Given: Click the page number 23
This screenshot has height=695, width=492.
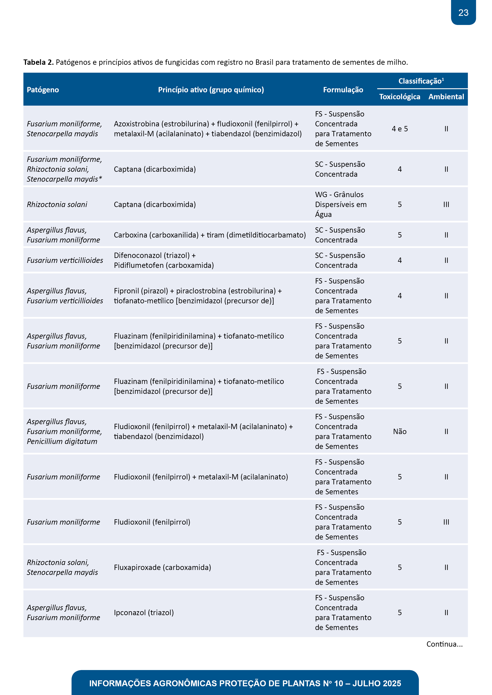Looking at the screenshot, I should pos(463,13).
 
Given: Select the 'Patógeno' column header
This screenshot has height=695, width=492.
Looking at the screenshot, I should pos(43,90).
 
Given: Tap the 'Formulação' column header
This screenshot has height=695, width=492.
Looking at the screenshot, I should pos(343,90).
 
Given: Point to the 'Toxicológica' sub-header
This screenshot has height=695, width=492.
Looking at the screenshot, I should pos(400,97).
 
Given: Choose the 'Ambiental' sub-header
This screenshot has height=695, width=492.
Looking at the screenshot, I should pos(446,97).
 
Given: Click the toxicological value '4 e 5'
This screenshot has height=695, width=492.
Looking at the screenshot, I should pos(400,129).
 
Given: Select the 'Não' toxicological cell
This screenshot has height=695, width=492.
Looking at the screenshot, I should pos(400,432).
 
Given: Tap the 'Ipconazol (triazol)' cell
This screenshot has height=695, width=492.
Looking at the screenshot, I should pos(144,613).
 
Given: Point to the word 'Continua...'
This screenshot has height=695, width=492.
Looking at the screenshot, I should pos(444,644).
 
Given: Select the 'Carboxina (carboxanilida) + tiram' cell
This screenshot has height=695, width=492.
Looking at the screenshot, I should pos(210,235).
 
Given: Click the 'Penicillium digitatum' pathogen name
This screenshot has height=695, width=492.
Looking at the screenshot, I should pos(62,442).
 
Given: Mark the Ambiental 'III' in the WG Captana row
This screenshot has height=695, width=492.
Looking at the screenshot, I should pos(446,205).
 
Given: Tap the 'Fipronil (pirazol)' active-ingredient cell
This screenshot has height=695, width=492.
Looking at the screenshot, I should pos(198,296).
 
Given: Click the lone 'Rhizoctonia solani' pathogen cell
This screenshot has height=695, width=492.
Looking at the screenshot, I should pos(57,205).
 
